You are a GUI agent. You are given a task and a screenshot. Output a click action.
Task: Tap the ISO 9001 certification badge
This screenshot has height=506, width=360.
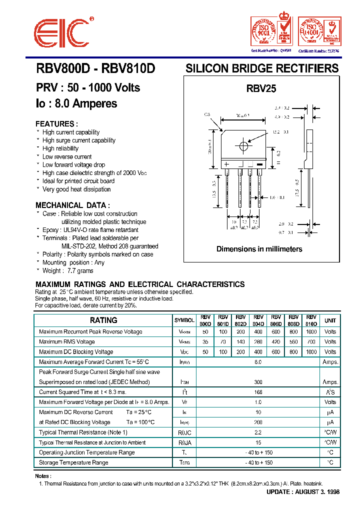click(x=271, y=31)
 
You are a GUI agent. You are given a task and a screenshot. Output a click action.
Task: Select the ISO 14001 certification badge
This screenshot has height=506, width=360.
click(x=319, y=31)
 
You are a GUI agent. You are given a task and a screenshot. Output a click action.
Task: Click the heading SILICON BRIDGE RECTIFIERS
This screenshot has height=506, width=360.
click(x=262, y=68)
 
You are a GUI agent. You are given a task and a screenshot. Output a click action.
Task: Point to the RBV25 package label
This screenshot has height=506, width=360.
click(x=261, y=88)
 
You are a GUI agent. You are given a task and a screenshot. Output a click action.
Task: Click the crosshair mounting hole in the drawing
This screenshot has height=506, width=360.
click(x=244, y=147)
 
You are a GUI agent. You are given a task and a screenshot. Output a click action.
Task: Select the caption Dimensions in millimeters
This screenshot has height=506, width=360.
click(x=259, y=249)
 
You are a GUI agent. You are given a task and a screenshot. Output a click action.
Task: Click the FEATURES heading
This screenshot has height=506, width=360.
click(x=56, y=124)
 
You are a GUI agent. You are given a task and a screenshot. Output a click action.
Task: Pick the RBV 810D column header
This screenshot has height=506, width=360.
click(x=311, y=320)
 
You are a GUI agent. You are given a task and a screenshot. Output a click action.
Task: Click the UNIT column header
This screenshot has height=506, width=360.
click(x=330, y=320)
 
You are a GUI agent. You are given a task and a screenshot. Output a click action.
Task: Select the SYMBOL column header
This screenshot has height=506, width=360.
click(x=184, y=320)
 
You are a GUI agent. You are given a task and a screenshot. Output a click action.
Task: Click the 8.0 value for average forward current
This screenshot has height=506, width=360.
click(x=258, y=362)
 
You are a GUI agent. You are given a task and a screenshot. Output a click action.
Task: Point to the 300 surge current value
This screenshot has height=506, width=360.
click(x=258, y=382)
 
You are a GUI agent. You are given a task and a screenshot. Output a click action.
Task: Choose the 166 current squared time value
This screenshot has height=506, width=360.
click(x=258, y=392)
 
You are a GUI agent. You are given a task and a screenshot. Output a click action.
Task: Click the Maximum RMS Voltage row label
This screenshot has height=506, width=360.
click(x=66, y=342)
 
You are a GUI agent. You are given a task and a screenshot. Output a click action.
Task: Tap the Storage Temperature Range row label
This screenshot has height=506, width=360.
click(x=73, y=462)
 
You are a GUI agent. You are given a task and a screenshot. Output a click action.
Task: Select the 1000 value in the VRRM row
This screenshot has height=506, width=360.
click(x=311, y=332)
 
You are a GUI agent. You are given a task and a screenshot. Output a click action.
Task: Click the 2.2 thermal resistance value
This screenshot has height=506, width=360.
click(x=258, y=432)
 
